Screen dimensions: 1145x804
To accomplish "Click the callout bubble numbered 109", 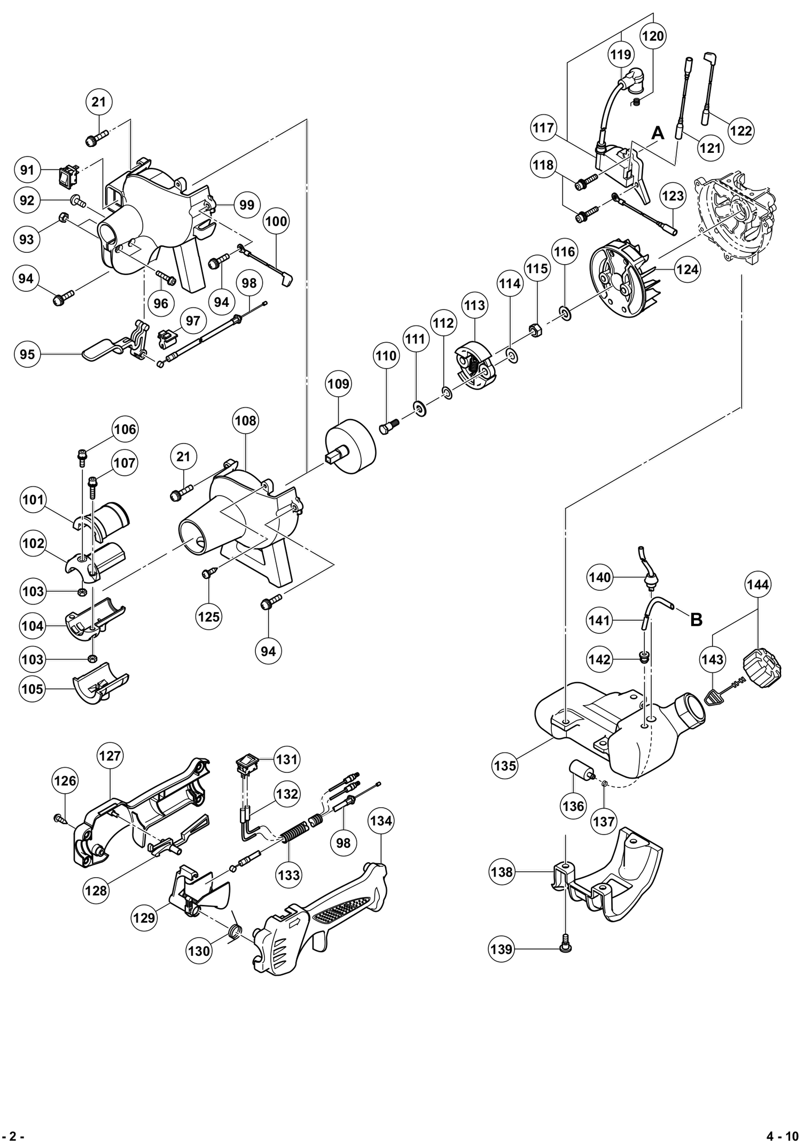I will click(x=338, y=384).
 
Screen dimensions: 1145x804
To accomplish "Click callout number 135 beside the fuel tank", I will click(x=505, y=766).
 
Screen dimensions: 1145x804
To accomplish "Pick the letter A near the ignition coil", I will click(x=658, y=133).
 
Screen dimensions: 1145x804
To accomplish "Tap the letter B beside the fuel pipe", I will click(x=696, y=620).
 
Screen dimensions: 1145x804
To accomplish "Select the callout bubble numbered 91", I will click(x=27, y=170).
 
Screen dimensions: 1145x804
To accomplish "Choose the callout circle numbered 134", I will click(x=381, y=821).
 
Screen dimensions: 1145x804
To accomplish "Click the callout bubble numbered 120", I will click(x=653, y=36).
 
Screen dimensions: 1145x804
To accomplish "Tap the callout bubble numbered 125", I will click(x=209, y=616).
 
